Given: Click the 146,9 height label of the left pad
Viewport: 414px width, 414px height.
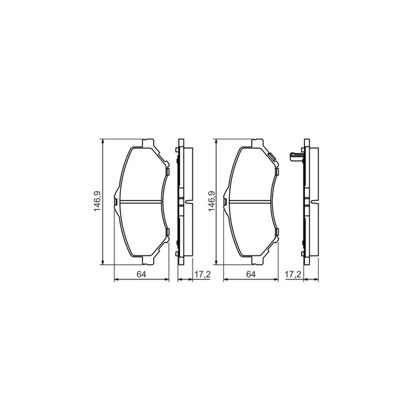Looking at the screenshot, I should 97,200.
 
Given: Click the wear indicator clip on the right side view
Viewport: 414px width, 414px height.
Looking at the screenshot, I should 295,158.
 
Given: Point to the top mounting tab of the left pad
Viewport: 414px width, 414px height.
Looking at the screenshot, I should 148,143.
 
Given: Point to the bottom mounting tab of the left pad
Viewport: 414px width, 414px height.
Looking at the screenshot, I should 148,258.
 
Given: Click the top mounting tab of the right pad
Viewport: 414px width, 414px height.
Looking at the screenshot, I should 258,143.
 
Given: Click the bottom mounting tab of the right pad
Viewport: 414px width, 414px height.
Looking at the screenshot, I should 258,258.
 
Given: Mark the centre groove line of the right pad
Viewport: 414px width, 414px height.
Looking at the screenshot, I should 250,201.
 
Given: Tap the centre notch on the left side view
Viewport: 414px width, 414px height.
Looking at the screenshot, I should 189,201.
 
